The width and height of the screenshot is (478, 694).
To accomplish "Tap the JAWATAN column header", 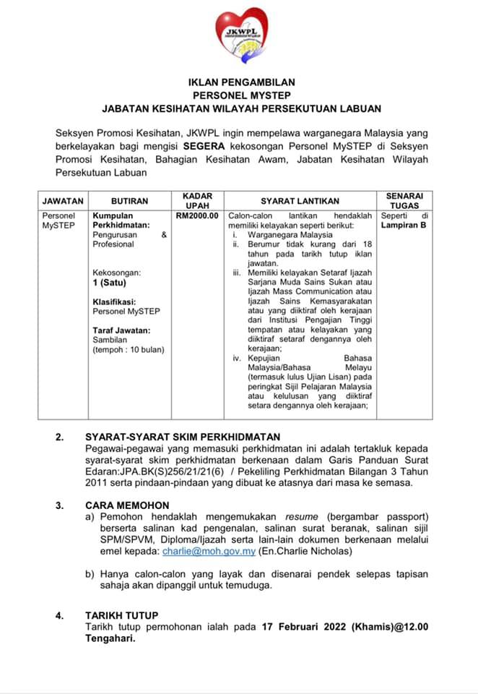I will point(63,201).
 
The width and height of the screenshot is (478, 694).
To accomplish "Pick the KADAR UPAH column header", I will point(197,201).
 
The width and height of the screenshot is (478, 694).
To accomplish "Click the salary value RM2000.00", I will point(197,216).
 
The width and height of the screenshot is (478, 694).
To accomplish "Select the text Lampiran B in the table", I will point(404,226).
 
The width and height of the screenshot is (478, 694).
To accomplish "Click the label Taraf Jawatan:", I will point(122,330).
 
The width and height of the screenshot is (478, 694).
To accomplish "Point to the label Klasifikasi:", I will point(115,301).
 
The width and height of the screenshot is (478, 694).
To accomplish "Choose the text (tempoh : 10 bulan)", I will point(129,349).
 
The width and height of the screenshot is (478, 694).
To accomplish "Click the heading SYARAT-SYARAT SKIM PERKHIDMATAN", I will point(183,437).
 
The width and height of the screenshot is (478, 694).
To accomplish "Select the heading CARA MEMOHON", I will point(127,505).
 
